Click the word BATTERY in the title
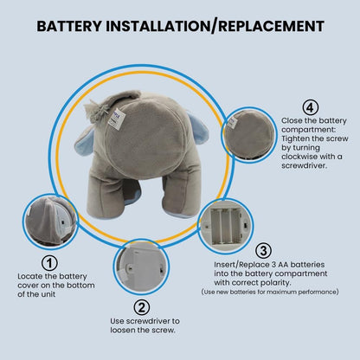click(x=69, y=26)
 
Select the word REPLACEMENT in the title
click(x=271, y=26)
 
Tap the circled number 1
click(x=49, y=263)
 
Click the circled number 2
click(x=142, y=307)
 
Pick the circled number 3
click(x=264, y=251)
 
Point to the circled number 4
click(x=311, y=107)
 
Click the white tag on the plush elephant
click(x=116, y=119)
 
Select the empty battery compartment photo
click(x=226, y=226)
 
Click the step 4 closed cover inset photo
click(x=249, y=135)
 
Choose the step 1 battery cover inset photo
click(x=50, y=222)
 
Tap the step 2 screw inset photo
click(x=141, y=267)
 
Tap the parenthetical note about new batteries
click(x=270, y=292)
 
